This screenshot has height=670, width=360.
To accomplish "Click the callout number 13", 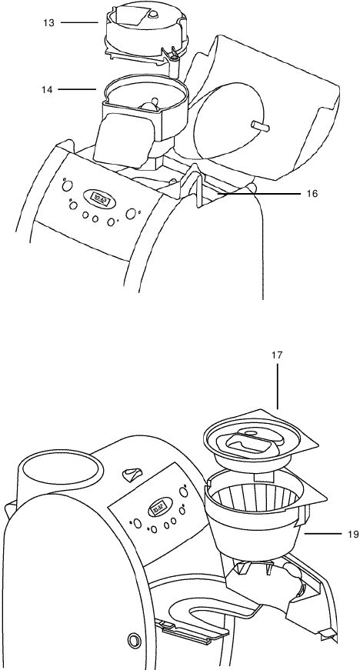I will [48, 23].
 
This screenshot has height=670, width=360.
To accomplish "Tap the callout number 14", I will [48, 89].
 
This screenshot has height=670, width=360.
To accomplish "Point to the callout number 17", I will [277, 356].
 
